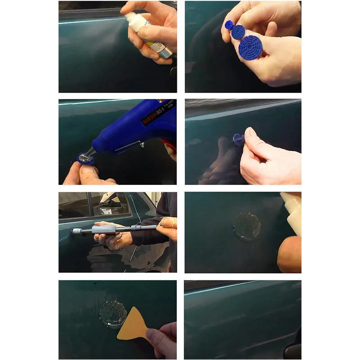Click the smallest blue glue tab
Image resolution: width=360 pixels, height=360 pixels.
[229, 24]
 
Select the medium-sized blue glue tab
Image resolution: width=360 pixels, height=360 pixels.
[238, 32]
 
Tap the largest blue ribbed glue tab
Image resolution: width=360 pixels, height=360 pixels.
[250, 47]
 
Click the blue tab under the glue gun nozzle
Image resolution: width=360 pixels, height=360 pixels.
[86, 158]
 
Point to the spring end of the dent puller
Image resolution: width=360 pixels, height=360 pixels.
[77, 231]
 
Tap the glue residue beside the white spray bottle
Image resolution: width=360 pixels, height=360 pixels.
[247, 225]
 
